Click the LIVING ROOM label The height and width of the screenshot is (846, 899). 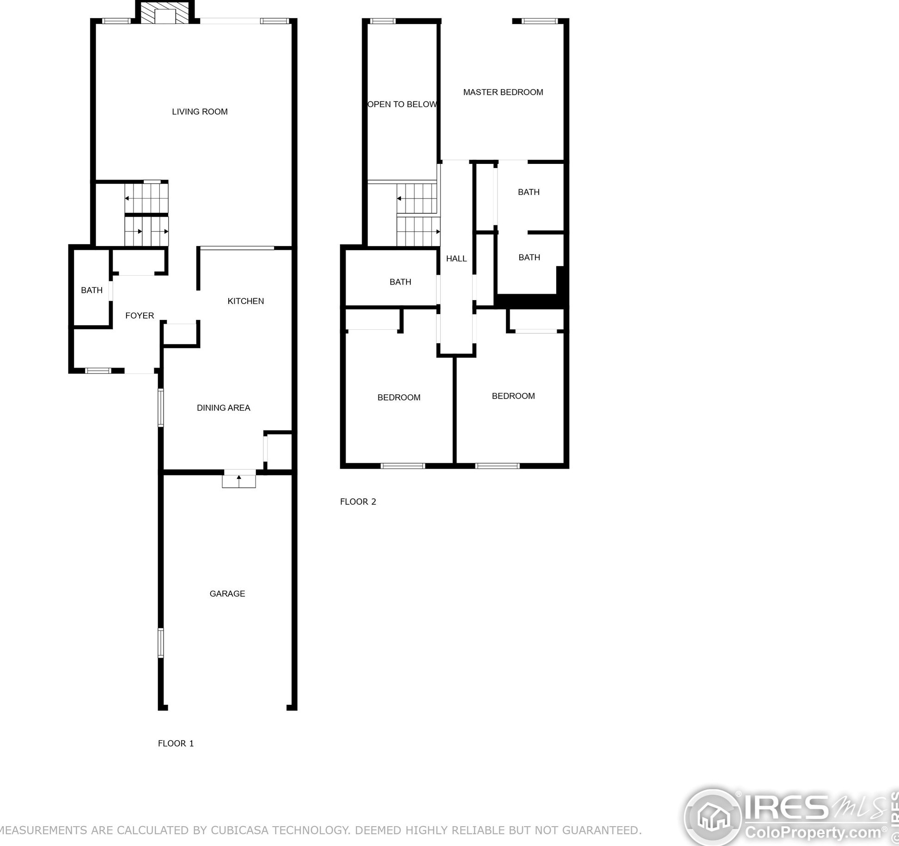point(200,112)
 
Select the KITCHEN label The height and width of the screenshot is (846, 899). point(245,301)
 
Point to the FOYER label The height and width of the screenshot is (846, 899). point(140,316)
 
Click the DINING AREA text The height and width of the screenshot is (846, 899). point(223,408)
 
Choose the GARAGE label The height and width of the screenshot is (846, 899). point(227,594)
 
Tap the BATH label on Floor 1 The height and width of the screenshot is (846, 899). point(91,290)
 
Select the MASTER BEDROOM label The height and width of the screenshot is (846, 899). point(503,92)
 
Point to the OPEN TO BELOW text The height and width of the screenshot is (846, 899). point(402,104)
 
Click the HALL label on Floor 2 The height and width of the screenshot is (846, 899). point(456,259)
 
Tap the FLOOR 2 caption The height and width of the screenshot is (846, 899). point(358,502)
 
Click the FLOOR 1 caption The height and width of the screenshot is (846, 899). point(176,743)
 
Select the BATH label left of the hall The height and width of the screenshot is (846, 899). point(400,282)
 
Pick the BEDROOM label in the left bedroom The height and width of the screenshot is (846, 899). point(399,398)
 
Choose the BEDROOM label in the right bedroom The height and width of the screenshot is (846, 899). point(513,396)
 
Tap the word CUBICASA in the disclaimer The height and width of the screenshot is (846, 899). point(239,830)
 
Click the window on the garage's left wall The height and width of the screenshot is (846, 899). point(161,642)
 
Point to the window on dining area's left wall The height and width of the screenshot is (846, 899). point(161,407)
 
